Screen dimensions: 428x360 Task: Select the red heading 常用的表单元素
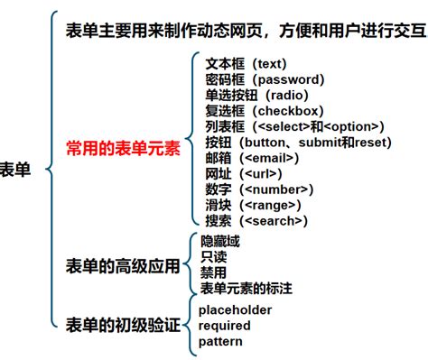[122, 147]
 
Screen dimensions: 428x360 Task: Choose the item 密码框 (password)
[265, 79]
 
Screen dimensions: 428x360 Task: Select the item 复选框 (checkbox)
[267, 111]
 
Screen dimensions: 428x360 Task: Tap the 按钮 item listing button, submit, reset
[298, 143]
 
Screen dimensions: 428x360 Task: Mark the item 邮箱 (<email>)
[253, 158]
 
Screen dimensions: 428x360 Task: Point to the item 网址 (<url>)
[246, 173]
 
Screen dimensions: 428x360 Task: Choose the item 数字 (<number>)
[259, 189]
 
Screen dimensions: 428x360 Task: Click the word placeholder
[235, 309]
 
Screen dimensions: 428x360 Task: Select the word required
[226, 326]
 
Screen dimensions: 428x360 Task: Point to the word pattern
[221, 342]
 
